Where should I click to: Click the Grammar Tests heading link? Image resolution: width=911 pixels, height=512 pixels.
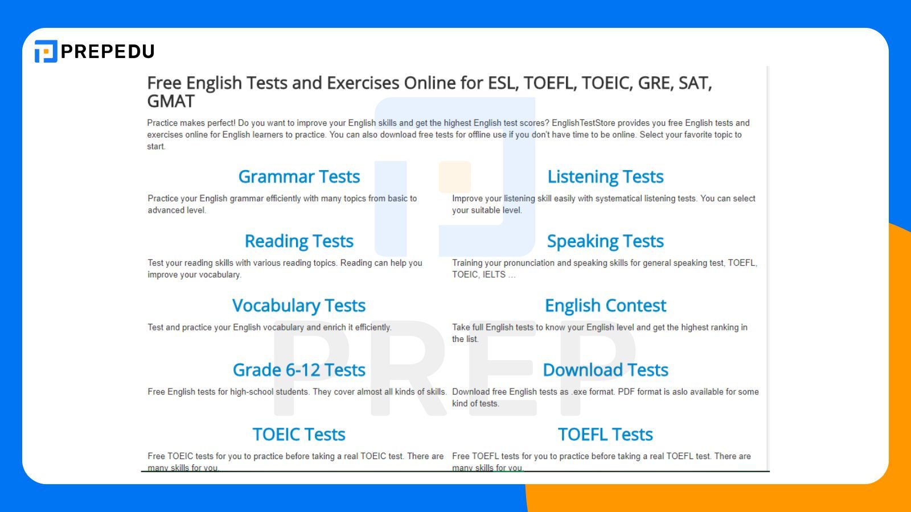click(299, 177)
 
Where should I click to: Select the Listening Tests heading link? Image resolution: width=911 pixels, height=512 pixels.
click(605, 177)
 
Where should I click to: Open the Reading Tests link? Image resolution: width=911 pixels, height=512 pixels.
click(299, 241)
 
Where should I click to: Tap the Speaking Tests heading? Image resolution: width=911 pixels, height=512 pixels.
click(605, 241)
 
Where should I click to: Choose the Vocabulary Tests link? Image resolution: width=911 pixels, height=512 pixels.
click(299, 305)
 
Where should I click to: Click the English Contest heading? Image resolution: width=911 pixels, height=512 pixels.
click(605, 305)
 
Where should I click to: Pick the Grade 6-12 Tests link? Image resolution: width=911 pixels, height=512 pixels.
click(299, 370)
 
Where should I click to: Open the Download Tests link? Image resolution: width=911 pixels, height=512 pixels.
click(605, 370)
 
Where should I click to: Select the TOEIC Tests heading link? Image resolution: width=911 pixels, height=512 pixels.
click(299, 434)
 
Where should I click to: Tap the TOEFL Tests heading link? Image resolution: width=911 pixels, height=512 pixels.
click(605, 434)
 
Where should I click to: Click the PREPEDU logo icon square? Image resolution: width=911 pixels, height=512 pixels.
click(46, 51)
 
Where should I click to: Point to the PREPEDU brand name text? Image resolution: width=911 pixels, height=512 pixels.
click(108, 52)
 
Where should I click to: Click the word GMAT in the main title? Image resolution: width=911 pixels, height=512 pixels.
click(171, 101)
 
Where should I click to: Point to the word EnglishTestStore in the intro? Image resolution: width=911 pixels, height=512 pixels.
click(583, 123)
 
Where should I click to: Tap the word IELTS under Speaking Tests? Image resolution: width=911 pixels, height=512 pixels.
click(494, 275)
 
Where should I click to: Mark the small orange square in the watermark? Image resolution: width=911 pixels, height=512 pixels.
click(455, 176)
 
